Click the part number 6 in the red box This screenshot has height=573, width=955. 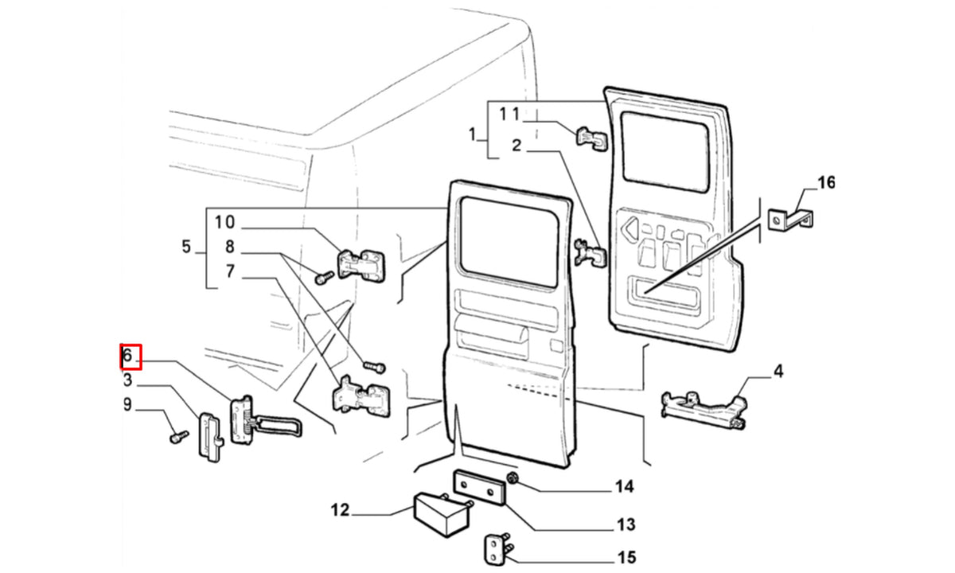tap(127, 355)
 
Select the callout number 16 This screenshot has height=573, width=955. tap(826, 182)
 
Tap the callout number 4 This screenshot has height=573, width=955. tap(778, 372)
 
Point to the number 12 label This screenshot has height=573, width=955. tap(341, 510)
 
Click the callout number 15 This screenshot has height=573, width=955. tap(626, 557)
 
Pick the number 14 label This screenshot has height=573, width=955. tap(625, 486)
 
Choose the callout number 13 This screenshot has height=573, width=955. tap(626, 524)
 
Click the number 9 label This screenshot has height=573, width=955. tap(127, 404)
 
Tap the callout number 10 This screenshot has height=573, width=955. tap(224, 222)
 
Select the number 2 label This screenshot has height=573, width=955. tap(516, 146)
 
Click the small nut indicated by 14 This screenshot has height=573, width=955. tap(513, 478)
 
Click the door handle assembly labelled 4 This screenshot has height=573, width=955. tap(704, 410)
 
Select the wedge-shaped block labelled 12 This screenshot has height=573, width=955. tap(441, 514)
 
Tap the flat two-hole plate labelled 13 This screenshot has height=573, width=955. tap(479, 487)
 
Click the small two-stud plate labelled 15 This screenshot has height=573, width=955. tap(497, 548)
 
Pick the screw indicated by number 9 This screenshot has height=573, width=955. tap(179, 437)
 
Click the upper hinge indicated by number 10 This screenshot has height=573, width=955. tap(361, 265)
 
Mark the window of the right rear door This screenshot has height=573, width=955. tap(665, 152)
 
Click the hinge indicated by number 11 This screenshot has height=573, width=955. tap(592, 138)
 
